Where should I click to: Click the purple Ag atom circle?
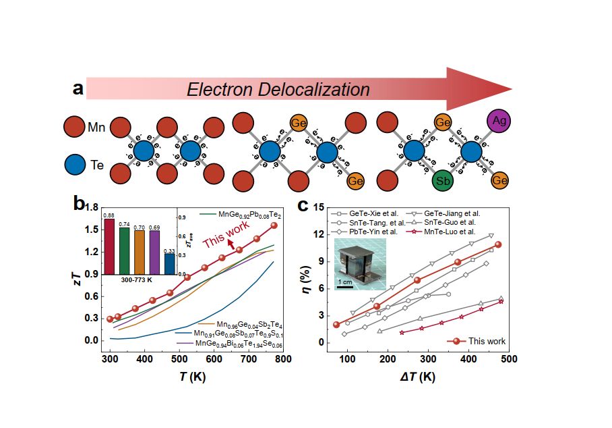499,122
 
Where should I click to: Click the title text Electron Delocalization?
278,90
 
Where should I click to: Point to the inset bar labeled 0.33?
170,263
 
